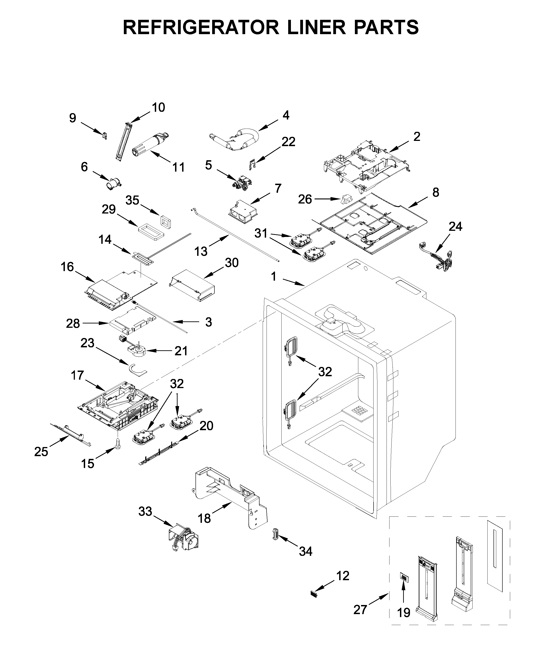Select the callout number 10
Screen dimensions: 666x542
coord(158,107)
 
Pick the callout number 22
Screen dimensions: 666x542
coord(288,142)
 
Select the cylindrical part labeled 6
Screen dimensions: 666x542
coord(114,183)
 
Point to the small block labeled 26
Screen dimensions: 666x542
coord(346,198)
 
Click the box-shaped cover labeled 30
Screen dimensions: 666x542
coord(192,286)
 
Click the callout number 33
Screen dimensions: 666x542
coord(145,512)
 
